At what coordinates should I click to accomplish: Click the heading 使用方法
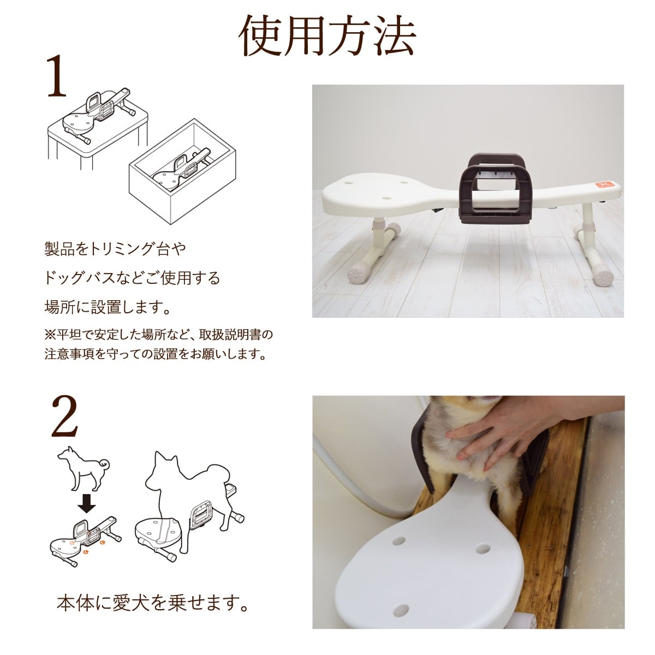(327, 35)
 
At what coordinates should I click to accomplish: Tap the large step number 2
(64, 416)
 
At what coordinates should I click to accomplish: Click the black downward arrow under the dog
(86, 505)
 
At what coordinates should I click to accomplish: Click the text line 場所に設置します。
(107, 307)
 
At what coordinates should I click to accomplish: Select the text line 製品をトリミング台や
(115, 249)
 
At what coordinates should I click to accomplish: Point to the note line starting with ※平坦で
(159, 335)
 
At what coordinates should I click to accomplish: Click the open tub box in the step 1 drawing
(182, 171)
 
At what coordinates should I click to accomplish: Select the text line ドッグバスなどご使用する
(132, 278)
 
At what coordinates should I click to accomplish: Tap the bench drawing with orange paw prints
(85, 540)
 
